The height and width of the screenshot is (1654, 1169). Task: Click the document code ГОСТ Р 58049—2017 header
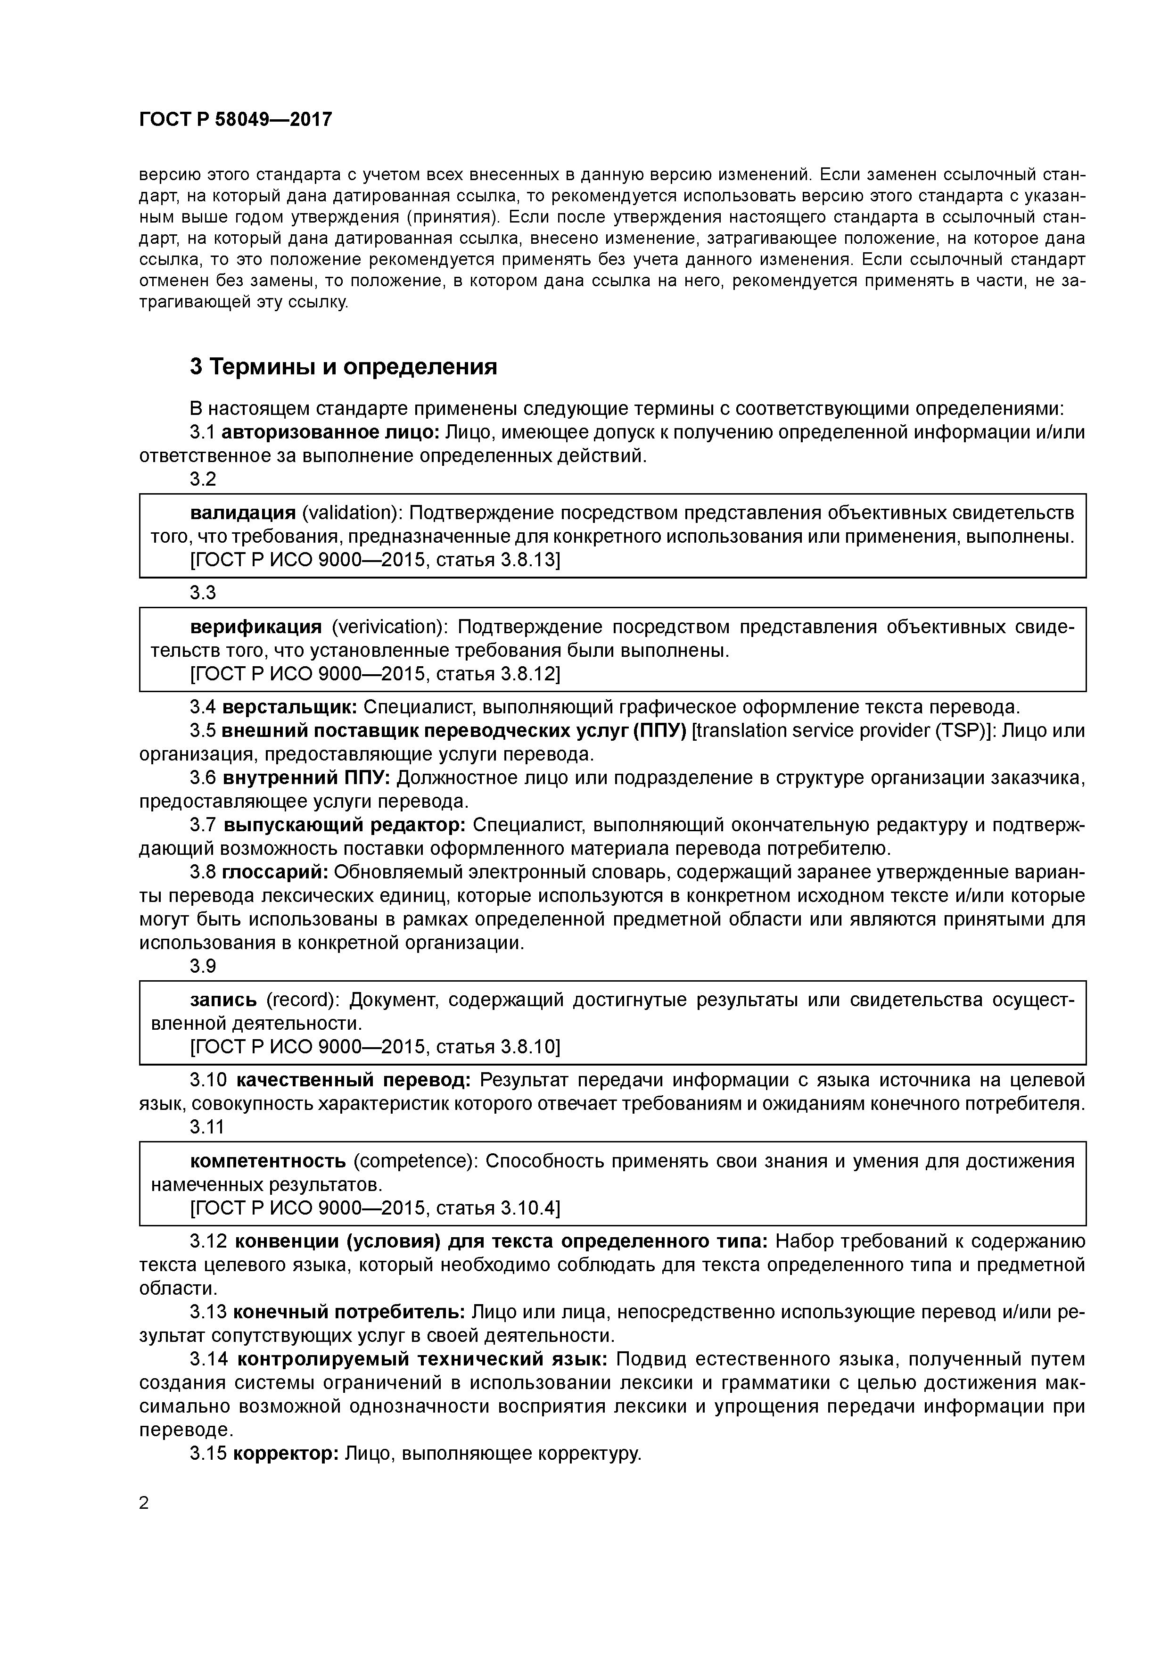click(x=236, y=120)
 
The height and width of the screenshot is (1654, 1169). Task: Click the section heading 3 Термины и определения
click(x=344, y=367)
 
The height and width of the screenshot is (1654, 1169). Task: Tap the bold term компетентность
click(x=268, y=1161)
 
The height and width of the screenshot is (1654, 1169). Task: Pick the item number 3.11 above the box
click(x=207, y=1126)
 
